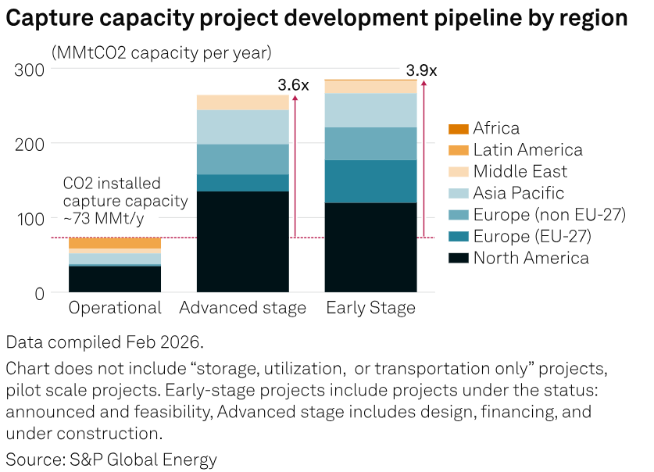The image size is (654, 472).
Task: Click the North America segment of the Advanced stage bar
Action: click(242, 241)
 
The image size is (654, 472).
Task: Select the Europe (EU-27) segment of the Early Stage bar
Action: click(371, 181)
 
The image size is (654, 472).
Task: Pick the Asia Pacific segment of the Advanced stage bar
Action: click(242, 127)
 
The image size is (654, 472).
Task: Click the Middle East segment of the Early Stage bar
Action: click(371, 86)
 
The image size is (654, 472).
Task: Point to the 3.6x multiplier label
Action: click(294, 85)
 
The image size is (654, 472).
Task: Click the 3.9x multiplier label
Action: click(421, 70)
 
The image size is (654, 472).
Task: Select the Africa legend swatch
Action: click(459, 128)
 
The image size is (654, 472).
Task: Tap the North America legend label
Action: click(531, 258)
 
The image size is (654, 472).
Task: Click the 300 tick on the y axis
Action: click(30, 69)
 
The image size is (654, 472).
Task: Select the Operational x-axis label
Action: click(115, 308)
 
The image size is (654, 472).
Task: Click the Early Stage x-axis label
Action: click(370, 308)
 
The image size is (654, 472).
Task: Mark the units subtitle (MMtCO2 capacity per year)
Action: click(161, 53)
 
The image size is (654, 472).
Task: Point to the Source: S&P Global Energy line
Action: click(111, 459)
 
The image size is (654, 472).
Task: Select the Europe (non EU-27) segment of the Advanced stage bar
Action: click(242, 159)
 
